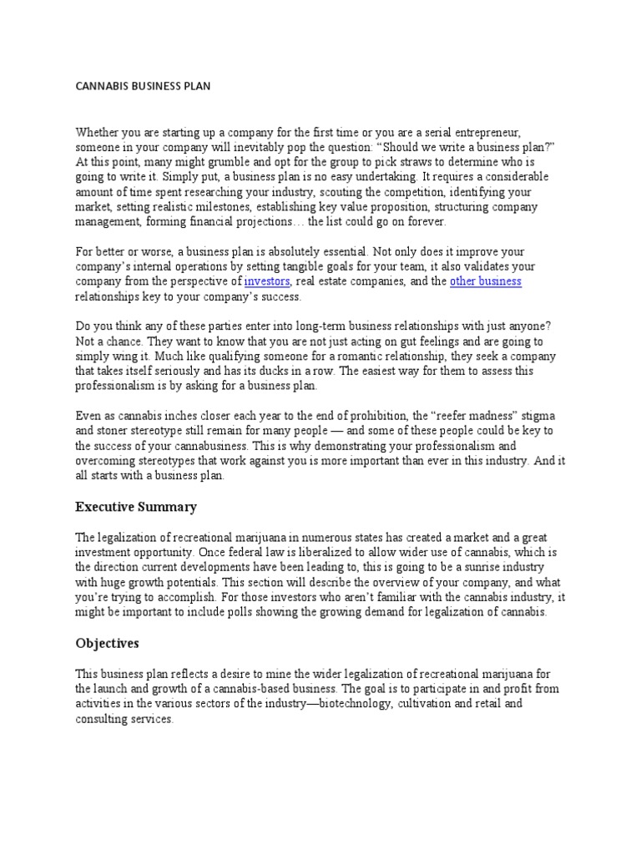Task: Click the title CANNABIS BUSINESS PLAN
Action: [x=143, y=87]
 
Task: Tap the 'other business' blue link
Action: [x=486, y=281]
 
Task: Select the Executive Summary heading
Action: [x=136, y=507]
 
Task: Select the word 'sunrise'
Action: [x=461, y=568]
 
